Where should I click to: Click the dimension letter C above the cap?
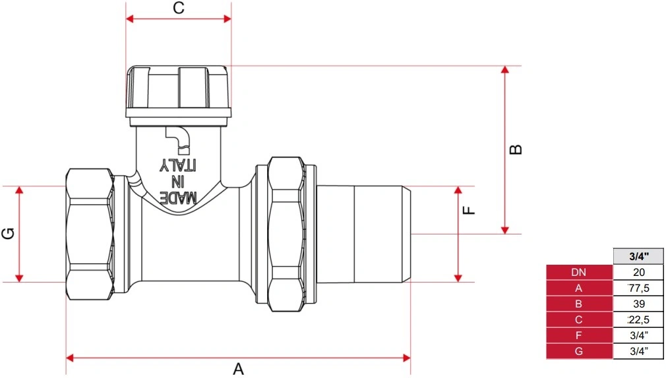179,8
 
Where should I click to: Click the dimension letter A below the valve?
238,369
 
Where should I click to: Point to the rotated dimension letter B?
516,149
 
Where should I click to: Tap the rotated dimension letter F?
469,210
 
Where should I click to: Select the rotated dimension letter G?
9,233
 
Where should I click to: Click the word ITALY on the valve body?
178,165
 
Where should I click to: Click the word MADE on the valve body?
178,198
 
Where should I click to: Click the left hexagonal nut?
90,234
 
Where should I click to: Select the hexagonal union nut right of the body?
287,234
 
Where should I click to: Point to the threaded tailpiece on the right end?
363,234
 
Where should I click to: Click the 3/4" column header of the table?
638,256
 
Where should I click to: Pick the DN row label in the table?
579,273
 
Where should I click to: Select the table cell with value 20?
638,273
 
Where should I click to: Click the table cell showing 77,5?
638,288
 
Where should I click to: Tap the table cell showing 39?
638,304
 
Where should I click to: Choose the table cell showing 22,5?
638,319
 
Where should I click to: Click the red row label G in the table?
579,351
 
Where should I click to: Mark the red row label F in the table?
579,335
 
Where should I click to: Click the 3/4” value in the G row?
638,351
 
